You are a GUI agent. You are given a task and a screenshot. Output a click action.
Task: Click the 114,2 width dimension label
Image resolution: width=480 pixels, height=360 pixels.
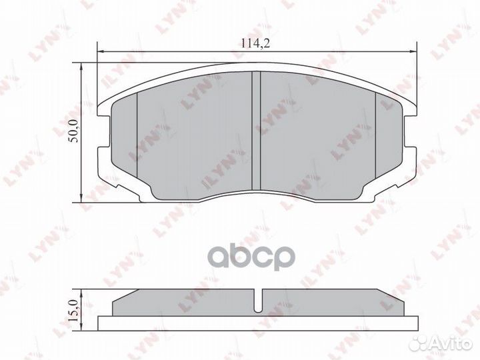[x=255, y=43]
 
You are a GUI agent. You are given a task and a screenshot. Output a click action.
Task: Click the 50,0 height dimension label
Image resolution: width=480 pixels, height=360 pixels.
[x=75, y=131]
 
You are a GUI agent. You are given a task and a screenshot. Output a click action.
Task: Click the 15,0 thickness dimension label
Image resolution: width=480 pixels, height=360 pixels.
[x=75, y=311]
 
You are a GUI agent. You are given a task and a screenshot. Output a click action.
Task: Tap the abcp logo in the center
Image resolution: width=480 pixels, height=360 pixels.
[x=253, y=257]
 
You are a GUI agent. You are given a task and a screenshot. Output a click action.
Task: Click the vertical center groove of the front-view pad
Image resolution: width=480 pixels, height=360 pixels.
[x=256, y=131]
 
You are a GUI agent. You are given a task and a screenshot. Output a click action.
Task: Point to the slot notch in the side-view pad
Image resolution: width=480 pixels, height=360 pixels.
[x=259, y=301]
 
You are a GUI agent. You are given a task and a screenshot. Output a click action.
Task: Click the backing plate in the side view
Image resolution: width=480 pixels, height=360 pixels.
[x=258, y=323]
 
